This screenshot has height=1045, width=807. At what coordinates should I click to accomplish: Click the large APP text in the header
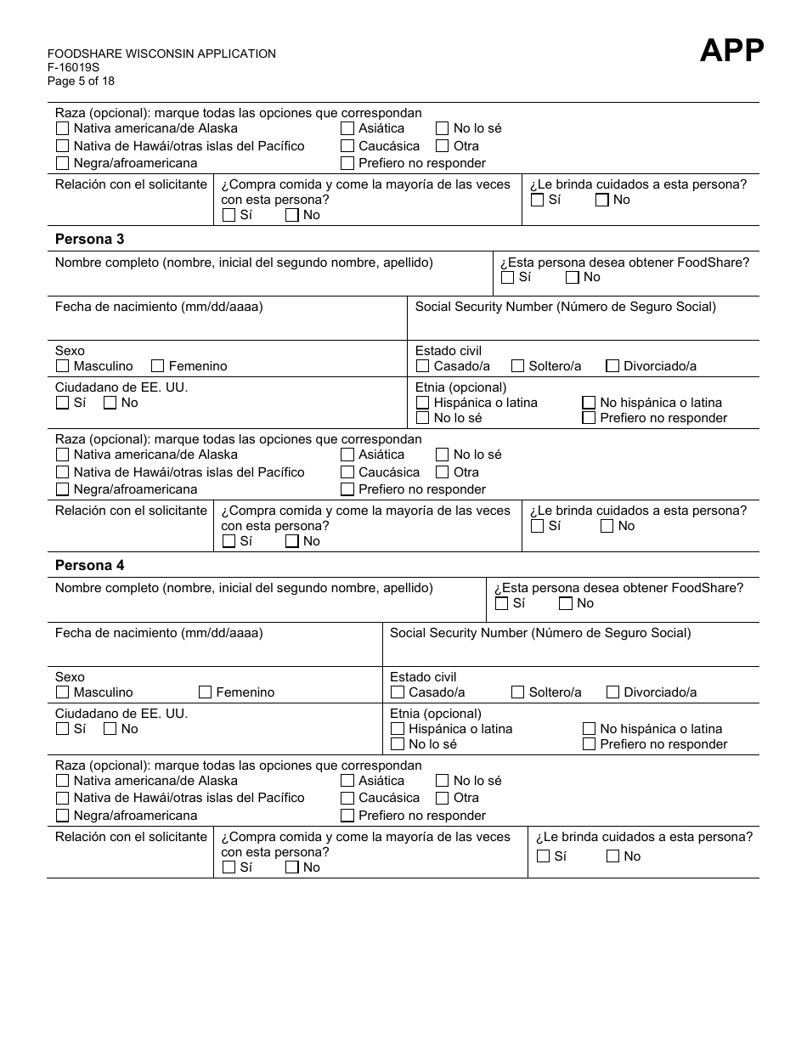click(731, 51)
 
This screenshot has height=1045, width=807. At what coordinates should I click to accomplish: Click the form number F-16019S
click(73, 68)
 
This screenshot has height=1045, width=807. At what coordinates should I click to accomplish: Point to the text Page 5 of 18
click(81, 82)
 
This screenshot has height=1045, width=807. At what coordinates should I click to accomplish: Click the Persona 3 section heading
click(89, 240)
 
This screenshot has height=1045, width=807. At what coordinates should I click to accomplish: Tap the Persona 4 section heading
click(89, 566)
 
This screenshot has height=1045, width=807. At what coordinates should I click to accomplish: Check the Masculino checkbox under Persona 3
click(62, 366)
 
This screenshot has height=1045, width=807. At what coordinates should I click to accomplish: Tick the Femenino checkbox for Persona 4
click(205, 692)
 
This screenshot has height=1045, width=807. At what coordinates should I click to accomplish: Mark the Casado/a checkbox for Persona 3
click(422, 366)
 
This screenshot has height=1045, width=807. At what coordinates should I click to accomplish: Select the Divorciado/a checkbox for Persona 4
click(612, 692)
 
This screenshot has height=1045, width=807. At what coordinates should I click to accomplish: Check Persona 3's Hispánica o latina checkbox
click(422, 403)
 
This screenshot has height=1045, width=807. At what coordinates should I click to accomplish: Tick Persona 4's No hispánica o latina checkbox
click(589, 729)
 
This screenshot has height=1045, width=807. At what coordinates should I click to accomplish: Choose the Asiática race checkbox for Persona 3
click(347, 455)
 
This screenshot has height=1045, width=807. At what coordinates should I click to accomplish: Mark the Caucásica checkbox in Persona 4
click(347, 799)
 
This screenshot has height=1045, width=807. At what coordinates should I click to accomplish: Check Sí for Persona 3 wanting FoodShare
click(507, 277)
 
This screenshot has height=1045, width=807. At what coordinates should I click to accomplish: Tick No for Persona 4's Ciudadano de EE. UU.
click(110, 729)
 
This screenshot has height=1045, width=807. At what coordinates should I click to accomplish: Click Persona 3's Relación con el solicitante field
click(130, 534)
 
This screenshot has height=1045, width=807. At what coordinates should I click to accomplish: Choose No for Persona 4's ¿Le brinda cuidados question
click(612, 856)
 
